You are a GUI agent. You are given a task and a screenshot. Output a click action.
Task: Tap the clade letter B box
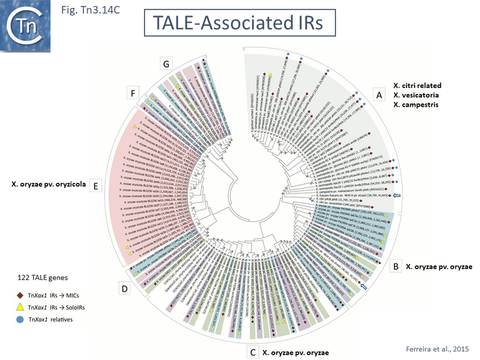[x=395, y=267]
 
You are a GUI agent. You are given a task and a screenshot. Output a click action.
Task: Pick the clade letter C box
[x=252, y=351]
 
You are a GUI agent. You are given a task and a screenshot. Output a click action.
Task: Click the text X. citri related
[x=418, y=85]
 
